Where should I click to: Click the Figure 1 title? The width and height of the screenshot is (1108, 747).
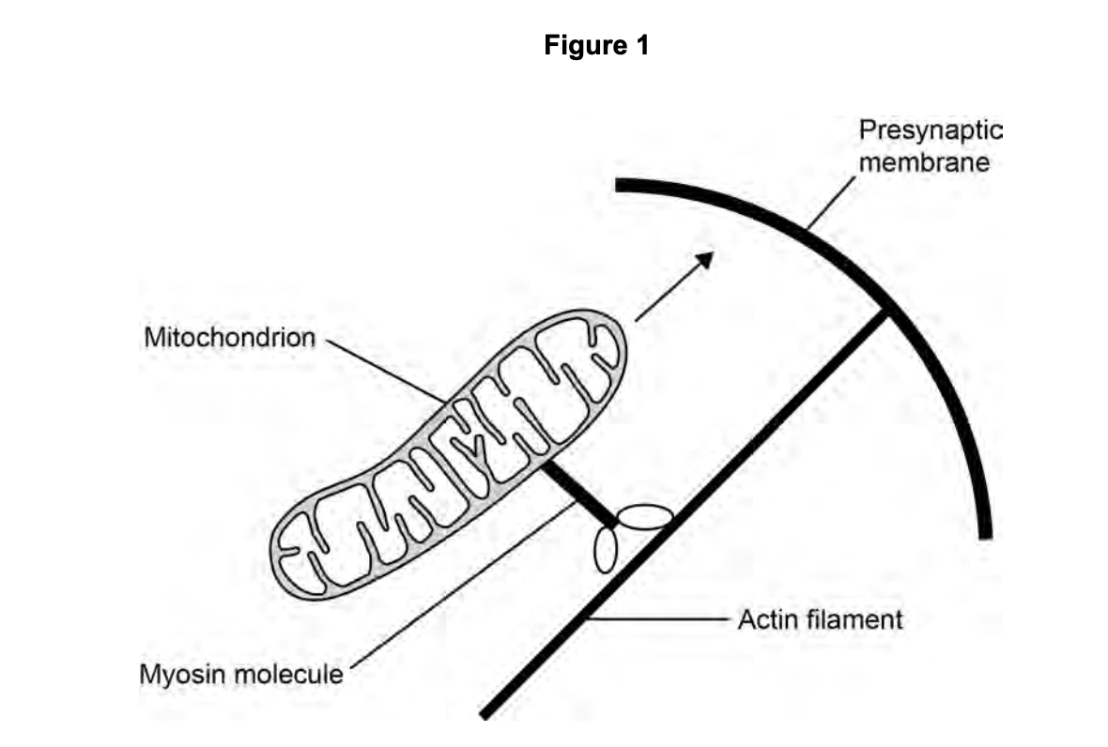(596, 45)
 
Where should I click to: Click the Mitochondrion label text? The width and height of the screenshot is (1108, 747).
(229, 337)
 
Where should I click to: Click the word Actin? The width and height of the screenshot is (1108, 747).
(764, 619)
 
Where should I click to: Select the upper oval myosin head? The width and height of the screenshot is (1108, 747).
(643, 517)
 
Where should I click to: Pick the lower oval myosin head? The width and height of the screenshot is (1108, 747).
(606, 549)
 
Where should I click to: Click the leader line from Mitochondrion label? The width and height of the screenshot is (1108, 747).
(385, 369)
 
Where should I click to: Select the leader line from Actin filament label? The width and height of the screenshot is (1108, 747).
(657, 619)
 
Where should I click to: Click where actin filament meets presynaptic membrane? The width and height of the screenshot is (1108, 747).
(887, 312)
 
